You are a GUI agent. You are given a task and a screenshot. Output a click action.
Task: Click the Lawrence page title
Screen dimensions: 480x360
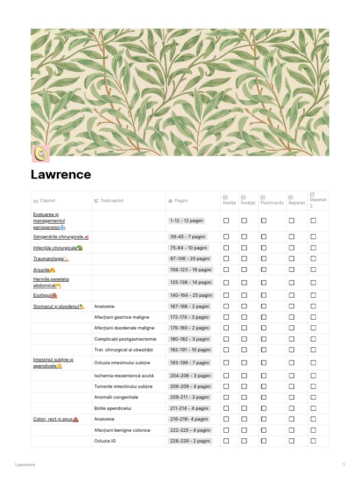click(61, 175)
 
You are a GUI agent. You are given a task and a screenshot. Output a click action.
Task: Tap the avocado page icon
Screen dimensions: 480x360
click(40, 154)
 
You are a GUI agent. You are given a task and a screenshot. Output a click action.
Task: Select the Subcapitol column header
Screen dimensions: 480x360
click(112, 201)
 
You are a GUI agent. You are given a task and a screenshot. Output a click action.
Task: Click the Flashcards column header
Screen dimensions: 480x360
click(272, 202)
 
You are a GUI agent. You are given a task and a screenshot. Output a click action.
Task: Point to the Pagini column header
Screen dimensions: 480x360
click(181, 201)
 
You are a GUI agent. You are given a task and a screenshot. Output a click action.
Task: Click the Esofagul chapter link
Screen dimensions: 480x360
click(42, 295)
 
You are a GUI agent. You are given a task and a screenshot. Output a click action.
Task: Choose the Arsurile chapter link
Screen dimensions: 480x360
click(42, 270)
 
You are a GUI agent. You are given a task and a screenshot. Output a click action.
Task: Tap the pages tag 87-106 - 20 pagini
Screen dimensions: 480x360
click(190, 259)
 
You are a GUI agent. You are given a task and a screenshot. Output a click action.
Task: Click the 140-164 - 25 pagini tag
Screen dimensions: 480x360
click(191, 295)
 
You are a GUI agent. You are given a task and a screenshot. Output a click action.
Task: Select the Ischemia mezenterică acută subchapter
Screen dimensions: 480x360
click(124, 375)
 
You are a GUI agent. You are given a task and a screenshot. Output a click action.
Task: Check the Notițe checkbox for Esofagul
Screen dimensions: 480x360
click(226, 295)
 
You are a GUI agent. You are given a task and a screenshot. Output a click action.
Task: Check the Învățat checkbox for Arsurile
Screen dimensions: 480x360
click(244, 270)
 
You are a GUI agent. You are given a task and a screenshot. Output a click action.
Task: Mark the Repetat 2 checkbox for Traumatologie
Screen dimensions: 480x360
click(313, 259)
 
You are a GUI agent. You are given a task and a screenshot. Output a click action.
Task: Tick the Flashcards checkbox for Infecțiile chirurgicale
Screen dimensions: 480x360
click(263, 248)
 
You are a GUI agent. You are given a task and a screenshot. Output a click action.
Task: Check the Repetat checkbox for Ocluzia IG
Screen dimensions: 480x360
click(292, 441)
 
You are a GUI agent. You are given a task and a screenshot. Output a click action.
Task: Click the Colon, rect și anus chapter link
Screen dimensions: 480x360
click(53, 419)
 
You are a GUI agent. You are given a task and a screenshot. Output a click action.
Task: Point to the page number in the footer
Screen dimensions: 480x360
click(344, 465)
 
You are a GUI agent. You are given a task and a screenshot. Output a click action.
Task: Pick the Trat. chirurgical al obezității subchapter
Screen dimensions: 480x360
click(124, 350)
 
